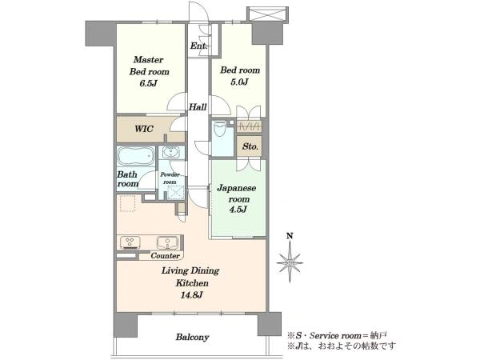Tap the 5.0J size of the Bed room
pos(240,82)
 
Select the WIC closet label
pos(144,129)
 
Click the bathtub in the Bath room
pos(136,157)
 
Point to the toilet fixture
pos(219,129)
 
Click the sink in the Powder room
pos(171,152)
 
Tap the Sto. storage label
pos(250,146)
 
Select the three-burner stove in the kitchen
pos(130,242)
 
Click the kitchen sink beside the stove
pos(167,242)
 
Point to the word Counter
pos(165,256)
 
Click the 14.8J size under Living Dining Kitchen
pos(193,295)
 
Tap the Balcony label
pos(192,337)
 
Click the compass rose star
pos(290,262)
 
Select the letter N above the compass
pos(290,236)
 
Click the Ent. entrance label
pos(198,46)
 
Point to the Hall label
pos(198,107)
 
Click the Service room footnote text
pos(338,335)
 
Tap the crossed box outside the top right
pos(267,14)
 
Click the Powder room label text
pos(170,178)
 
